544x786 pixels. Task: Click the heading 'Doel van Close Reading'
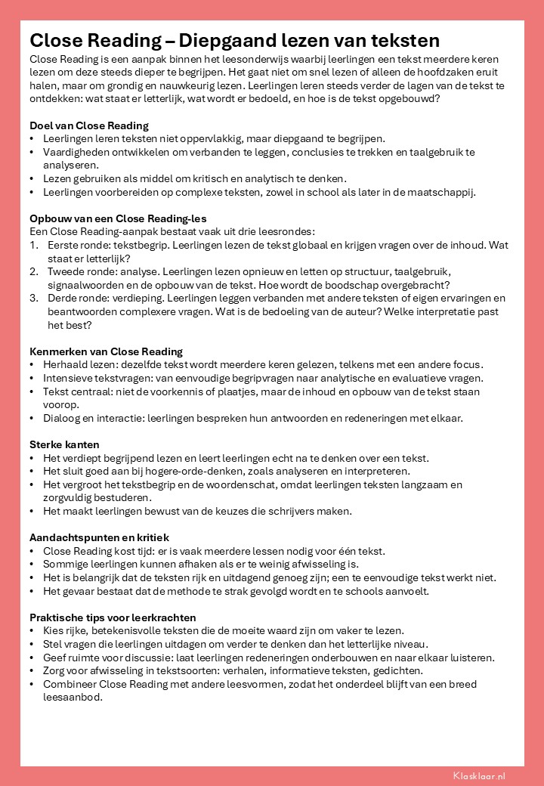point(89,125)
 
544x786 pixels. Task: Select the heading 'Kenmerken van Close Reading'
point(106,351)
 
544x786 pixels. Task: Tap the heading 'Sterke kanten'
point(64,444)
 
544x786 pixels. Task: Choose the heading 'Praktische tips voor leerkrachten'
point(113,617)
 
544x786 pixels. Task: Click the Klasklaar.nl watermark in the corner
point(479,775)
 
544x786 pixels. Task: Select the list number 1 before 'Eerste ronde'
point(33,246)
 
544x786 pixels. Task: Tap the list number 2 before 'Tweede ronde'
point(33,272)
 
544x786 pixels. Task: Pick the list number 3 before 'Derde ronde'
point(33,299)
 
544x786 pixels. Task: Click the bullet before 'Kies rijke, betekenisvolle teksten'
point(32,630)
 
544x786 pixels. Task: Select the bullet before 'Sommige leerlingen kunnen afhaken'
point(32,565)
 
